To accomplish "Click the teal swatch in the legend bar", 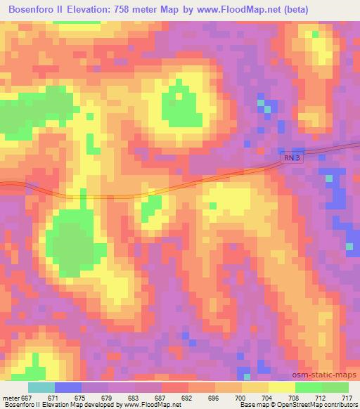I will pos(41,388).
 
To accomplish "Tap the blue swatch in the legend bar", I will pos(68,388).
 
